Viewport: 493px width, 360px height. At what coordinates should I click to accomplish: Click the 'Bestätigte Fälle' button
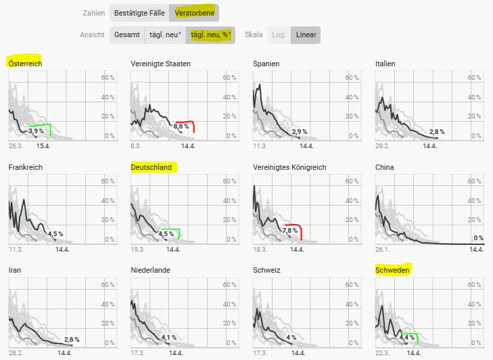pyautogui.click(x=139, y=13)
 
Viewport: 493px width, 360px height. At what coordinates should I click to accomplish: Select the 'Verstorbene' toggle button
pyautogui.click(x=193, y=13)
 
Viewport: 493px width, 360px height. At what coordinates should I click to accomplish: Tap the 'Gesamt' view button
pyautogui.click(x=127, y=35)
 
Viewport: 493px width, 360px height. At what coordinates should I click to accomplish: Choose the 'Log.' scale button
pyautogui.click(x=278, y=35)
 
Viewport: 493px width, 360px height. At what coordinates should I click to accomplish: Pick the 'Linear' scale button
pyautogui.click(x=306, y=35)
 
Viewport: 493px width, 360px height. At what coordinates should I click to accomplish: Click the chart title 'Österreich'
pyautogui.click(x=25, y=63)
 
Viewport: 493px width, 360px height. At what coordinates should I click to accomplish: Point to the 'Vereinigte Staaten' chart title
pyautogui.click(x=160, y=64)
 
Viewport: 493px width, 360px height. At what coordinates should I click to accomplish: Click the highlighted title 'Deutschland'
pyautogui.click(x=151, y=167)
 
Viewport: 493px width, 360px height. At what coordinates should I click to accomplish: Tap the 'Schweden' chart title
pyautogui.click(x=393, y=270)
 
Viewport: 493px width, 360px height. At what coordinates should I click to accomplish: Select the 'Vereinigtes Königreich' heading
pyautogui.click(x=289, y=167)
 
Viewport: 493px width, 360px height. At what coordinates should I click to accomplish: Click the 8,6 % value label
pyautogui.click(x=181, y=127)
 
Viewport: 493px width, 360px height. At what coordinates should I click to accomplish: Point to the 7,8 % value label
pyautogui.click(x=290, y=230)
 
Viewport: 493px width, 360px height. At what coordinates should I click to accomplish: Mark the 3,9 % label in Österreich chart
pyautogui.click(x=36, y=131)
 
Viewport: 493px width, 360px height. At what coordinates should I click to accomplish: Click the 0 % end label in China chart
pyautogui.click(x=478, y=238)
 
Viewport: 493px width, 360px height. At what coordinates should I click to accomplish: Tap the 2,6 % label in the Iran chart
pyautogui.click(x=72, y=339)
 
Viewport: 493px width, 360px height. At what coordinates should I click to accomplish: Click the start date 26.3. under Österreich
pyautogui.click(x=16, y=146)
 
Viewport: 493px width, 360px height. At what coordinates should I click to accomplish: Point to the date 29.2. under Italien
pyautogui.click(x=383, y=146)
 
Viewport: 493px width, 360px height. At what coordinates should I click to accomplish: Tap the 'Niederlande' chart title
pyautogui.click(x=151, y=270)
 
